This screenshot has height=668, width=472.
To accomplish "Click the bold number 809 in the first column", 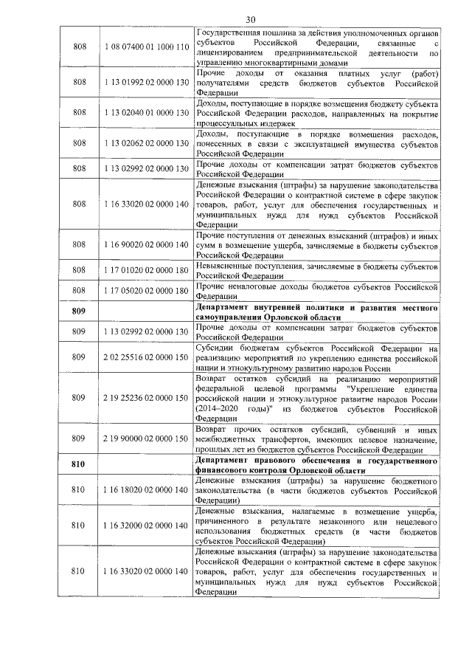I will click(80, 311).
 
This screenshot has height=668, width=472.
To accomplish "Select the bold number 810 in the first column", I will click(80, 466).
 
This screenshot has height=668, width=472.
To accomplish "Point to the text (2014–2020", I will click(218, 407).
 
